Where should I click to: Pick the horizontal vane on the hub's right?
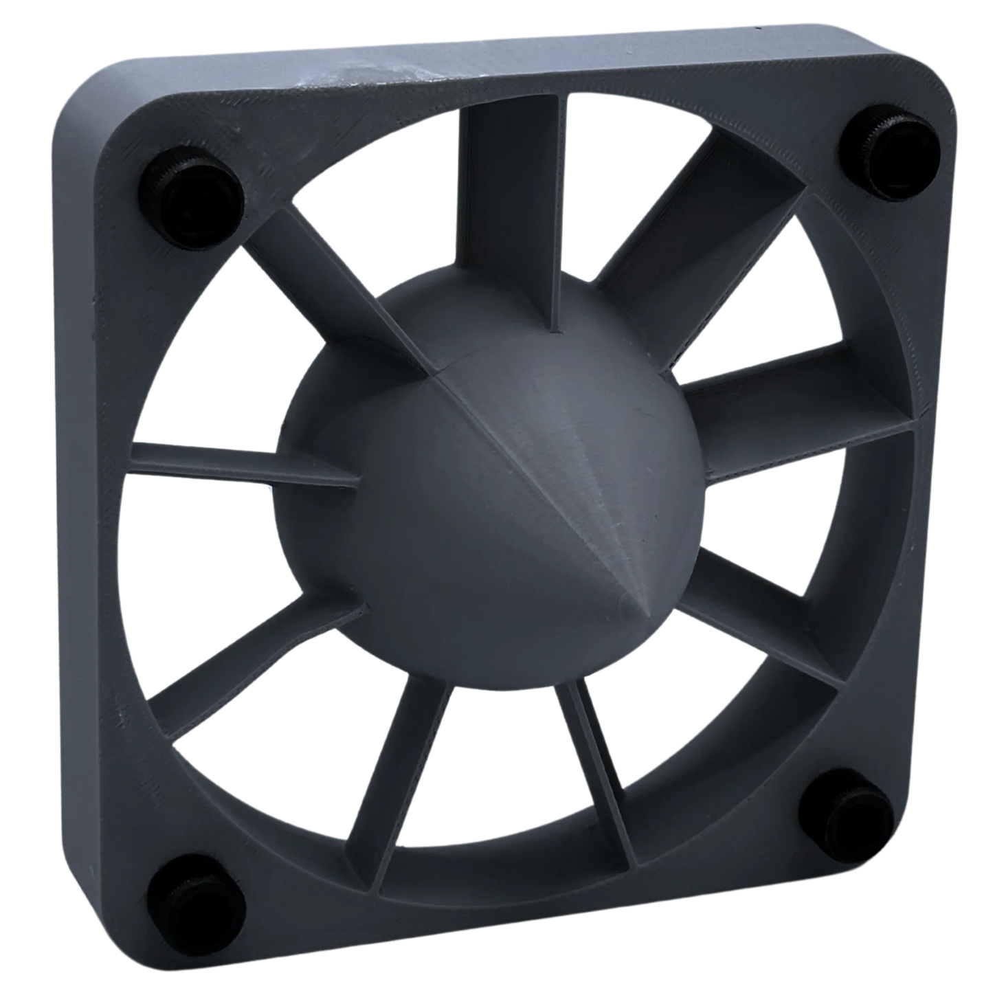tap(790, 405)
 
